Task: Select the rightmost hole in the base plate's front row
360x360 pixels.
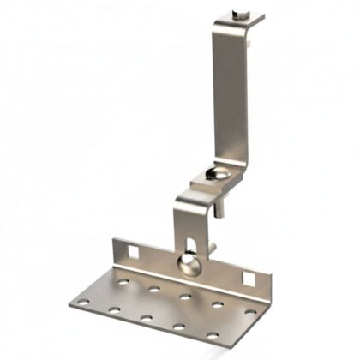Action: [x=210, y=334]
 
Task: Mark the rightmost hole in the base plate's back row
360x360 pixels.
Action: [x=249, y=311]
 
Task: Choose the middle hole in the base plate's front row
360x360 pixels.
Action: [x=146, y=316]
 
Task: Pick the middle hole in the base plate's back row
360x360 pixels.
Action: [x=185, y=296]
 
